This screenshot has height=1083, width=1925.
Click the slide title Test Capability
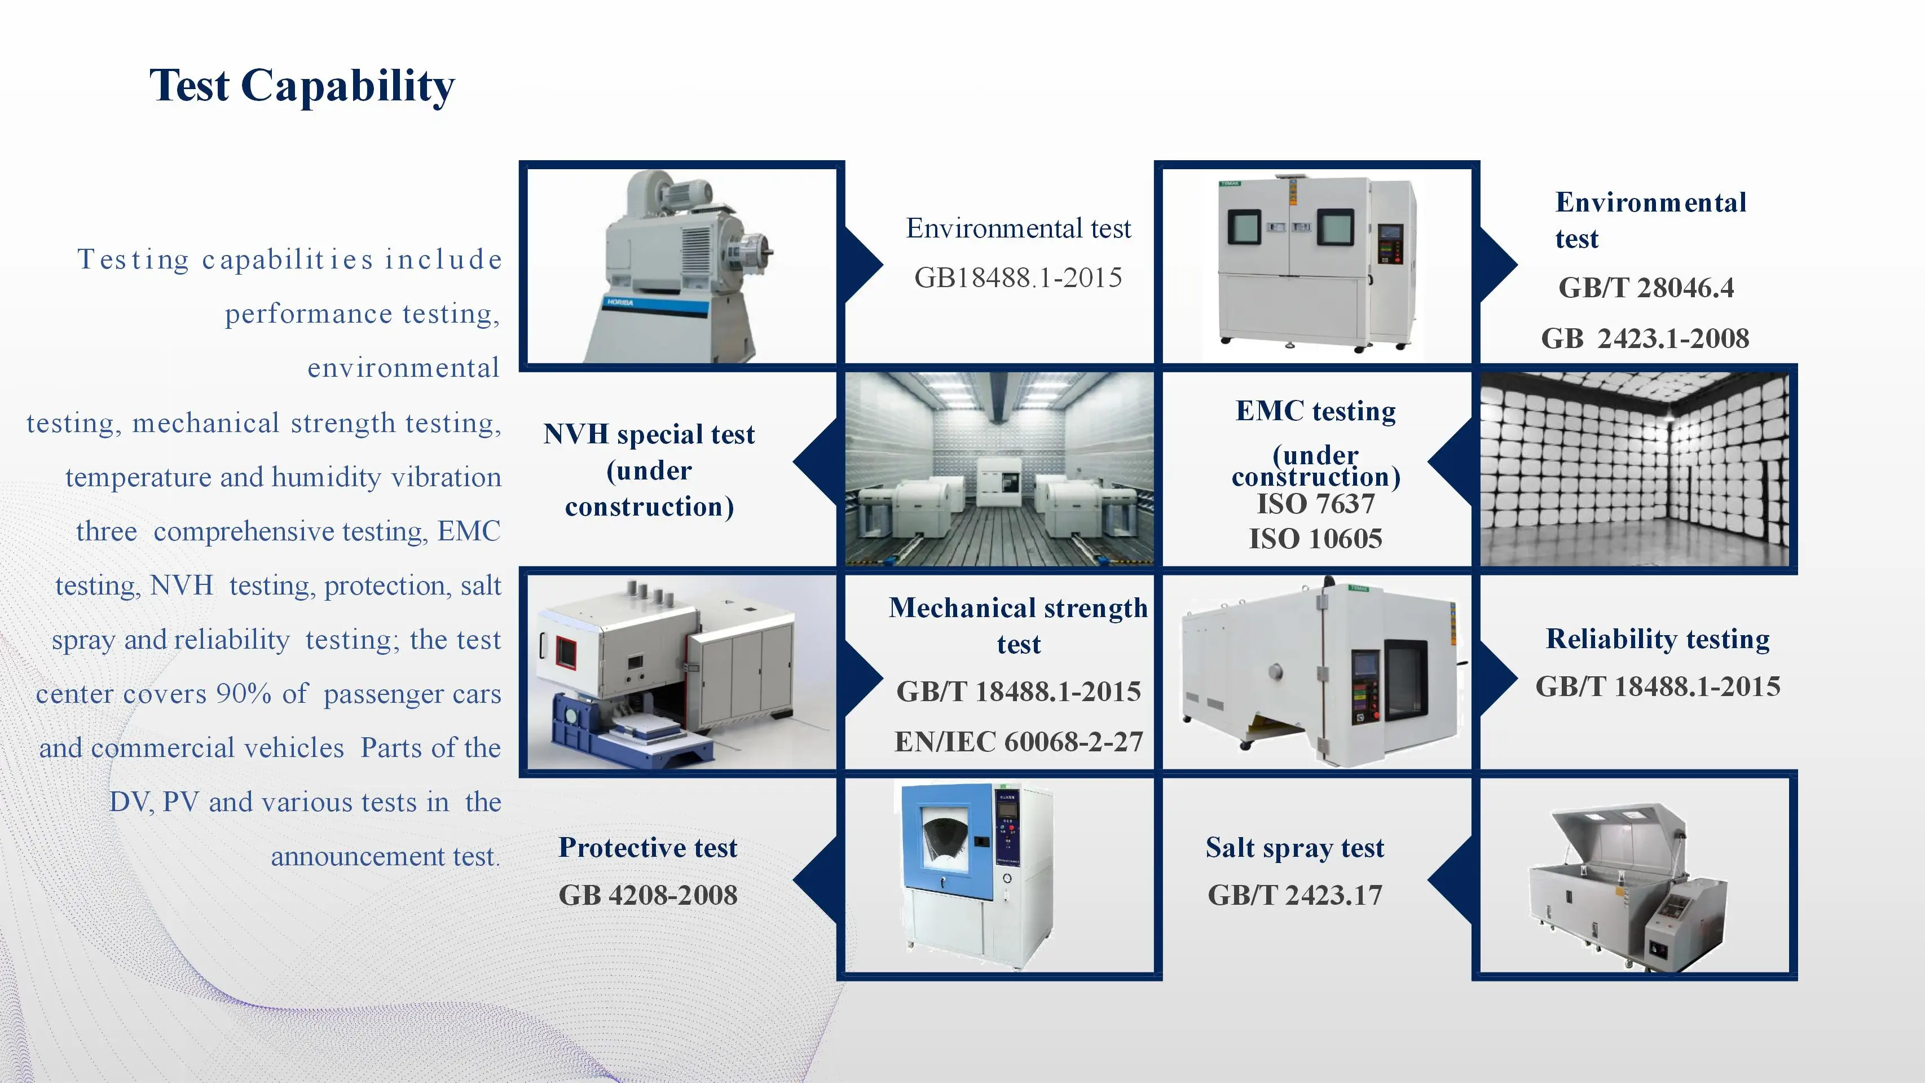pyautogui.click(x=302, y=86)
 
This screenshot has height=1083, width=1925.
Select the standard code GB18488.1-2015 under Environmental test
pyautogui.click(x=1018, y=278)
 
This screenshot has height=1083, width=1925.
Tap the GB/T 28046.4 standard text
pyautogui.click(x=1645, y=288)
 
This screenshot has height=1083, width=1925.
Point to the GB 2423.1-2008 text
pyautogui.click(x=1645, y=338)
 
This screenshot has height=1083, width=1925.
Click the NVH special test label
pyautogui.click(x=649, y=434)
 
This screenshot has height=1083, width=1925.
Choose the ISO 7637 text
pyautogui.click(x=1315, y=504)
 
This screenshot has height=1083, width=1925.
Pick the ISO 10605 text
pyautogui.click(x=1315, y=539)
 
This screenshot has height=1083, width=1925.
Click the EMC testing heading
pyautogui.click(x=1315, y=411)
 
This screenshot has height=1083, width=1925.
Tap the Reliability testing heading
pyautogui.click(x=1658, y=639)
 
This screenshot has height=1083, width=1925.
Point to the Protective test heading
pyautogui.click(x=648, y=848)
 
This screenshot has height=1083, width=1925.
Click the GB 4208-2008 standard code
pyautogui.click(x=648, y=895)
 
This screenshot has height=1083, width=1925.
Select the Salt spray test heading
pyautogui.click(x=1295, y=848)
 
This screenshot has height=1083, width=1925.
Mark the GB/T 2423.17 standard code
pyautogui.click(x=1295, y=895)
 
